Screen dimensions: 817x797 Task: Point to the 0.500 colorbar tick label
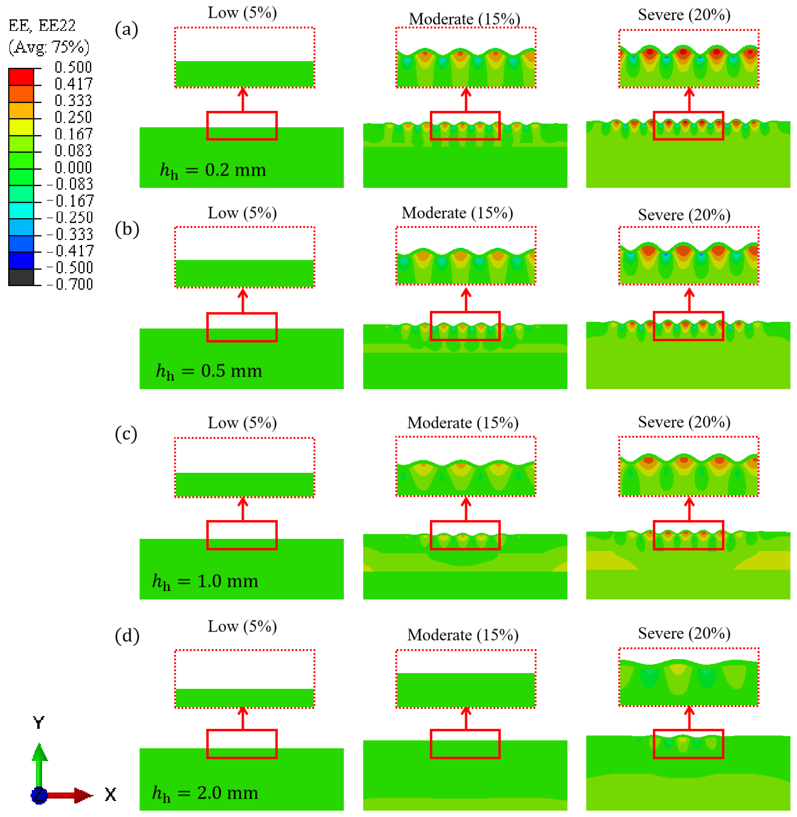tap(73, 67)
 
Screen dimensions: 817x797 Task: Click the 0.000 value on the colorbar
tap(73, 168)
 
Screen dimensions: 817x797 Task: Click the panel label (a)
tap(126, 30)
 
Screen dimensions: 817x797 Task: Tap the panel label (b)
tap(127, 230)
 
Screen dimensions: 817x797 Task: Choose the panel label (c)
tap(126, 434)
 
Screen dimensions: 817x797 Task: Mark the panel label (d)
tap(127, 636)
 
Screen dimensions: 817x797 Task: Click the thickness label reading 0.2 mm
tap(213, 171)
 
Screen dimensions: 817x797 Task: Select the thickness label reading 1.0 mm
tap(205, 582)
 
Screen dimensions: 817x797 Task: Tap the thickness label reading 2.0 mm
tap(205, 793)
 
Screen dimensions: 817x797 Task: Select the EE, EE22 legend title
tap(42, 26)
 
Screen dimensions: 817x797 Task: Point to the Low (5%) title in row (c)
tap(242, 423)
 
